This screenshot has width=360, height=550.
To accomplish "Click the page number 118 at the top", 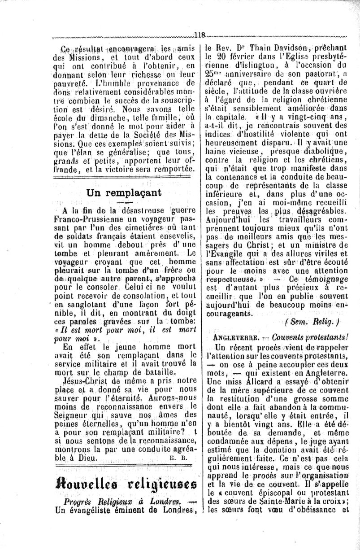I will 200,35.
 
